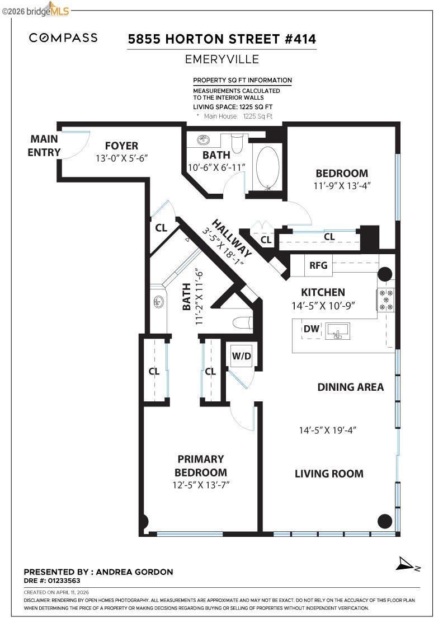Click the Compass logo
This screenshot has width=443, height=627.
coord(63,38)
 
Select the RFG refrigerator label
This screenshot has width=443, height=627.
coord(318,265)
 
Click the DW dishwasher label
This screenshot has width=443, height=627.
coord(312,329)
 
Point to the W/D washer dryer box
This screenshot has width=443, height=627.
coord(242,355)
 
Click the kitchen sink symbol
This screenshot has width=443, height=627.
coord(338,331)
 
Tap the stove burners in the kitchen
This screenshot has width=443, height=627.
coord(386,300)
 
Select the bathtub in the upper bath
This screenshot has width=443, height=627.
coord(267,167)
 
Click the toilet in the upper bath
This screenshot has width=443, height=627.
coord(237,143)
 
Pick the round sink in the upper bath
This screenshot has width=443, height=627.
coord(204,140)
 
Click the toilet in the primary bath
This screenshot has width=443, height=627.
coord(242,322)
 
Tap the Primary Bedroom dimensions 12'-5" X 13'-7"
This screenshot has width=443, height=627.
coord(201,485)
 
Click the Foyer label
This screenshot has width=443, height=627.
coord(121,146)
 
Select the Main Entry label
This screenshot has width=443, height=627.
coord(44,146)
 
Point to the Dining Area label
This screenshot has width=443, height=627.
coord(351,387)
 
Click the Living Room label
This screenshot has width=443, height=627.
coord(329,474)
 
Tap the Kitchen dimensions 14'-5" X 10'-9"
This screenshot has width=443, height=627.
coord(323,306)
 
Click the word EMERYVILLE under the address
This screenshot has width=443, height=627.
coord(222,59)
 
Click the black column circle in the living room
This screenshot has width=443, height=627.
coord(385,521)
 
